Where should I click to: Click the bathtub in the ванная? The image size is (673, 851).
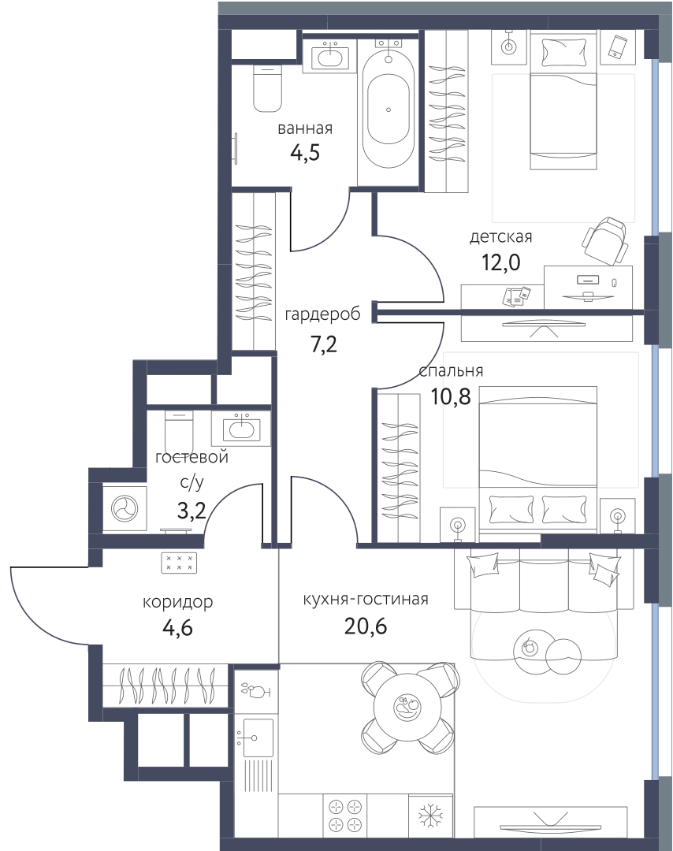pyautogui.click(x=389, y=109)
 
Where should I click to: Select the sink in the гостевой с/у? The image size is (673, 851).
pyautogui.click(x=241, y=428)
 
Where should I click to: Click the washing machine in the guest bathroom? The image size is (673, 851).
pyautogui.click(x=125, y=509)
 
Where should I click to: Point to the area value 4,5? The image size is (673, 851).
pyautogui.click(x=305, y=153)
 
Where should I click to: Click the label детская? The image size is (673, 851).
pyautogui.click(x=501, y=237)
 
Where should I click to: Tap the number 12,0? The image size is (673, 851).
pyautogui.click(x=501, y=262)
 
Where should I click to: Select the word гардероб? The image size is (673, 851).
pyautogui.click(x=322, y=314)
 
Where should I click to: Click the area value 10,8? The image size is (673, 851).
pyautogui.click(x=451, y=396)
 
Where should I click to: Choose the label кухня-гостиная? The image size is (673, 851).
pyautogui.click(x=366, y=599)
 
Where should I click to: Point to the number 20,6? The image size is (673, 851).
pyautogui.click(x=366, y=626)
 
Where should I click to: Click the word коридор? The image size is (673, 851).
pyautogui.click(x=177, y=603)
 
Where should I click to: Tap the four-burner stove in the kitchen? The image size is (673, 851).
pyautogui.click(x=345, y=816)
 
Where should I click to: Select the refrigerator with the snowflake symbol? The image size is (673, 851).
pyautogui.click(x=429, y=816)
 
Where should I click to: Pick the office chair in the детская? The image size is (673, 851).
pyautogui.click(x=606, y=242)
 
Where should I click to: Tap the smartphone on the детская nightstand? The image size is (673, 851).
pyautogui.click(x=617, y=46)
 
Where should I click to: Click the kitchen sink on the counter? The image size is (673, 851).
pyautogui.click(x=257, y=738)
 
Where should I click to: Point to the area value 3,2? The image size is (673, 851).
pyautogui.click(x=191, y=511)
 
